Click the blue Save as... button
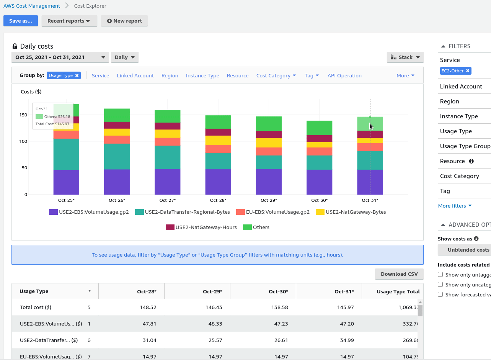(x=21, y=21)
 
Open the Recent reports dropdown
(x=69, y=21)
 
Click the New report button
(x=124, y=21)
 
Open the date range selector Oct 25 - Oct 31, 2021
(x=60, y=57)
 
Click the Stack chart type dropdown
(x=405, y=57)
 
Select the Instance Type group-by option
(x=202, y=76)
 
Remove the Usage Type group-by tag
(x=77, y=76)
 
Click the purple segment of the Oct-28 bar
(x=218, y=182)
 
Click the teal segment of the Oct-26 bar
(x=117, y=156)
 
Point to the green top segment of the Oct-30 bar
(x=320, y=128)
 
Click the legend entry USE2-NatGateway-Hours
(x=201, y=227)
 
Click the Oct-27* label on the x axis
(x=167, y=200)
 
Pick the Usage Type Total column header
(x=398, y=291)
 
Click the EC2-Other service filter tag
(x=452, y=71)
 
